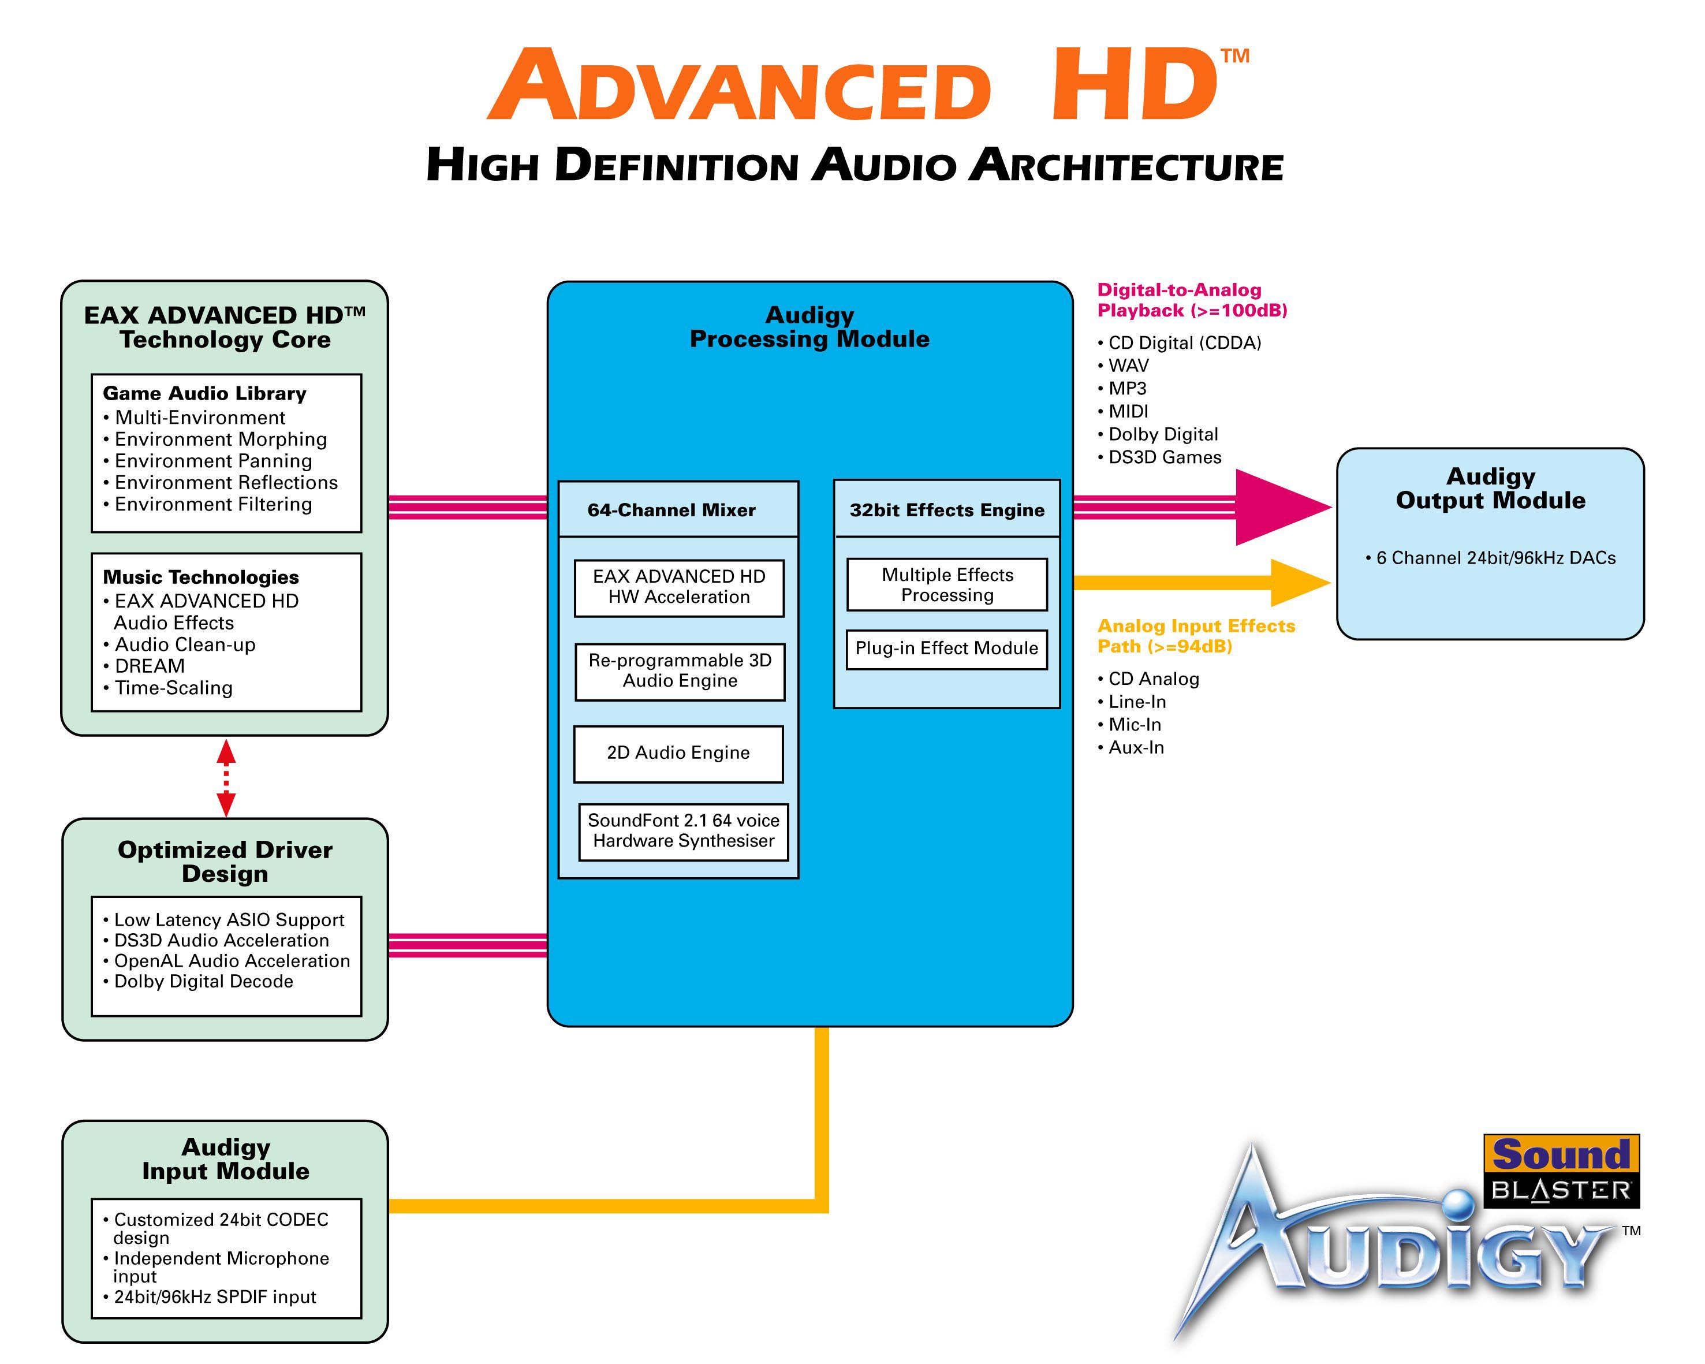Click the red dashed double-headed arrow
pos(226,778)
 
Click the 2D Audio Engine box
pos(678,754)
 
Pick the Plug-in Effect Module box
pos(946,649)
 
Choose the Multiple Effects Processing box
pos(946,585)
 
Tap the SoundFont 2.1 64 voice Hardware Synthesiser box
pos(683,831)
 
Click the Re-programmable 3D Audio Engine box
pos(680,672)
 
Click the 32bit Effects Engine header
pos(946,510)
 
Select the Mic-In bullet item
pos(1129,724)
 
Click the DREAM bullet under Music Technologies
pos(144,666)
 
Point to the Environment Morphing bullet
pos(215,439)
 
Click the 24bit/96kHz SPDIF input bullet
pos(210,1297)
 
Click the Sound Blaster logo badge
pos(1561,1171)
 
